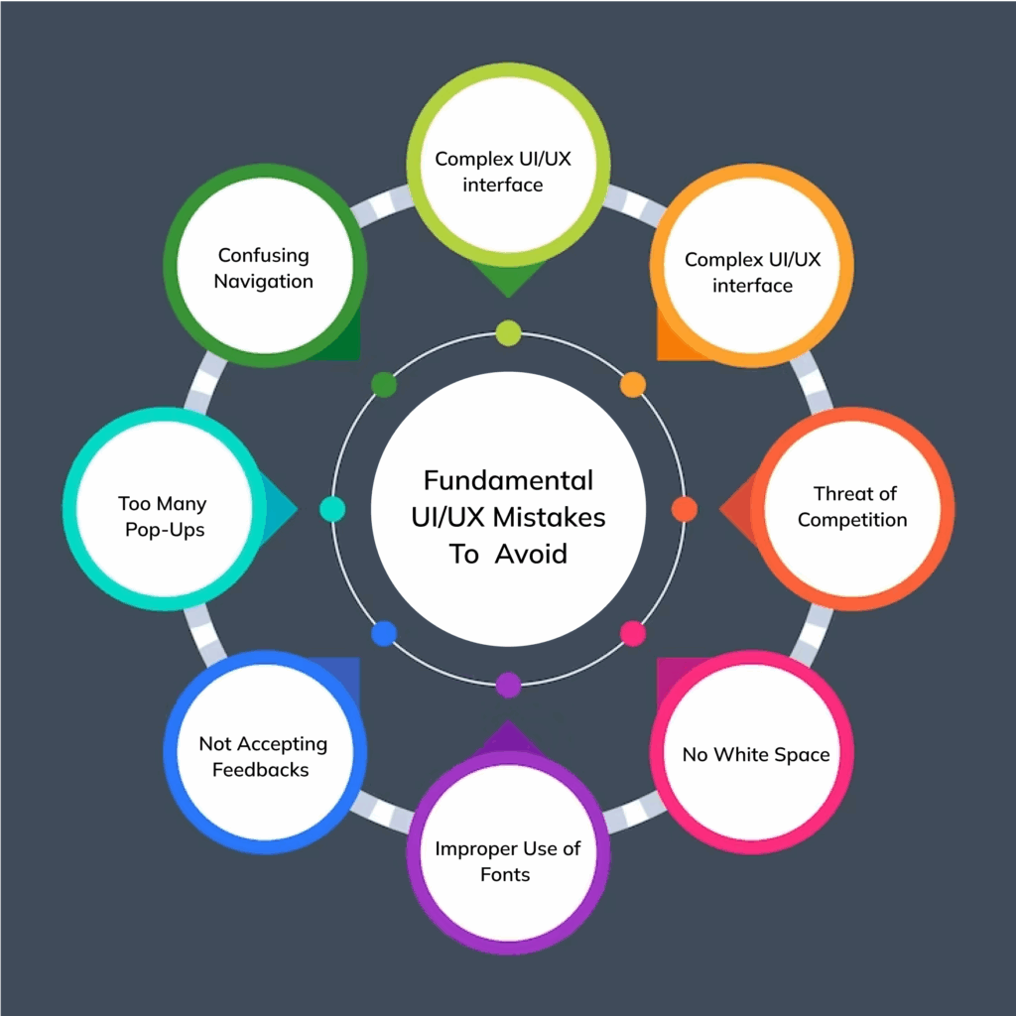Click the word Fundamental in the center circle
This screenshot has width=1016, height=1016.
[508, 480]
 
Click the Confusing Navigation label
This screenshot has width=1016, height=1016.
[264, 268]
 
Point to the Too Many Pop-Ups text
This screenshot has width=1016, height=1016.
[164, 517]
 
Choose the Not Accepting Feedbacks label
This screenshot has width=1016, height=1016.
[262, 756]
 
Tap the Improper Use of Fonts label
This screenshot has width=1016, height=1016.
[507, 861]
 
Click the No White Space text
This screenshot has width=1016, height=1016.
[755, 755]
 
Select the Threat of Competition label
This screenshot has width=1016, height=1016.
[853, 507]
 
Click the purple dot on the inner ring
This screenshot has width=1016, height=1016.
[508, 685]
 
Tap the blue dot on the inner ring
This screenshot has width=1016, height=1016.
[384, 633]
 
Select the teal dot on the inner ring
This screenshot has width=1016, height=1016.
[332, 509]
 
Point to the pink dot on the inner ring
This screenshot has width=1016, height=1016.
[632, 633]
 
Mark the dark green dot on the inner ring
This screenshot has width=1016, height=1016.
[383, 384]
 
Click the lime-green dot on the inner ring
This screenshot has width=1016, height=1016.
[508, 332]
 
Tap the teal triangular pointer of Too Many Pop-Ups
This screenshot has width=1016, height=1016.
[282, 509]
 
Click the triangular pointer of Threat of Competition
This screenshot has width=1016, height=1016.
[735, 509]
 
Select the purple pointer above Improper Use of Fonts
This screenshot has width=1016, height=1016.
[508, 736]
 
